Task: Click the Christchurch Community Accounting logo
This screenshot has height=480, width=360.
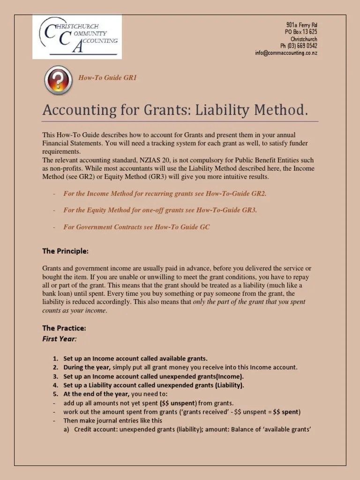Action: click(77, 37)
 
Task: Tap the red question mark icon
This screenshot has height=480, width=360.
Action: click(58, 81)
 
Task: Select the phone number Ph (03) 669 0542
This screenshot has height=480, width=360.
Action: click(299, 46)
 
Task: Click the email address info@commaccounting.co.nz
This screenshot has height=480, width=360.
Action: click(286, 53)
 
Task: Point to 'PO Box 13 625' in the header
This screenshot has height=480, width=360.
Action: click(301, 32)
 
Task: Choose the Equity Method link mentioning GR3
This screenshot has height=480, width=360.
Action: click(160, 210)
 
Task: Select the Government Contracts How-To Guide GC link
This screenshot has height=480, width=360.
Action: click(136, 227)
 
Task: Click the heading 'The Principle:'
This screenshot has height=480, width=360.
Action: click(65, 251)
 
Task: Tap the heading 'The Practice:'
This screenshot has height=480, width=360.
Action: click(64, 328)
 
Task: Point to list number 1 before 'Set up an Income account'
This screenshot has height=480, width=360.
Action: click(56, 359)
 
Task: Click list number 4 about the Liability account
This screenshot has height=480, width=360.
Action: click(56, 385)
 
